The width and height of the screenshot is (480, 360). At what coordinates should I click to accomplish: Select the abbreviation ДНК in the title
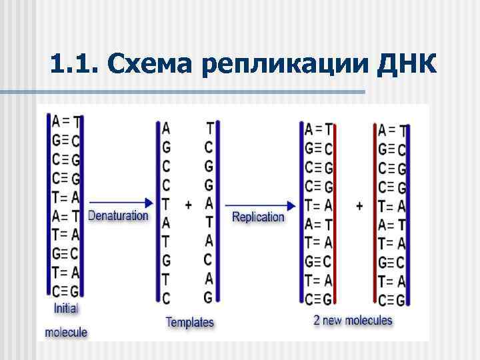point(407,65)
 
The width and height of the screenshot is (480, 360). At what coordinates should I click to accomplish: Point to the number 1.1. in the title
point(73,65)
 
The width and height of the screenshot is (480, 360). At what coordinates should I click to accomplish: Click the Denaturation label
point(119,215)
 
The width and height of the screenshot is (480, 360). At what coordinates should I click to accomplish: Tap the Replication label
point(258,217)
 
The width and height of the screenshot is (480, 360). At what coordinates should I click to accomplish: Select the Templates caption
point(190,322)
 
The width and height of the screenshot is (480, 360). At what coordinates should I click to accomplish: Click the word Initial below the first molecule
point(66,309)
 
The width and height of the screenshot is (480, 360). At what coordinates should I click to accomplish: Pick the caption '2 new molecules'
point(353,320)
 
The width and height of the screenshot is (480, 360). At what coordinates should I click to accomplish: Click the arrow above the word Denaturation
point(120,201)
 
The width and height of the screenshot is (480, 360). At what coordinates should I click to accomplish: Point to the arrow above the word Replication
point(260,204)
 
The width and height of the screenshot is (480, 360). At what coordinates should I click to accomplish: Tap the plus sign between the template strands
point(188,205)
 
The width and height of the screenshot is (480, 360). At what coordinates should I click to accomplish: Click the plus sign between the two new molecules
point(360,206)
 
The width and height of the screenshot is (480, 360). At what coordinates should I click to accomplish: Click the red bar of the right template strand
point(218,210)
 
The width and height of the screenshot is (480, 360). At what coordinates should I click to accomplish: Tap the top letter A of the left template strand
point(166,127)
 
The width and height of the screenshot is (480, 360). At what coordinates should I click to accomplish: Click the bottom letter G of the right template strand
point(208,297)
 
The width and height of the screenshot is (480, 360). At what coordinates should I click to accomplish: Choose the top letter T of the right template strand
point(209,127)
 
